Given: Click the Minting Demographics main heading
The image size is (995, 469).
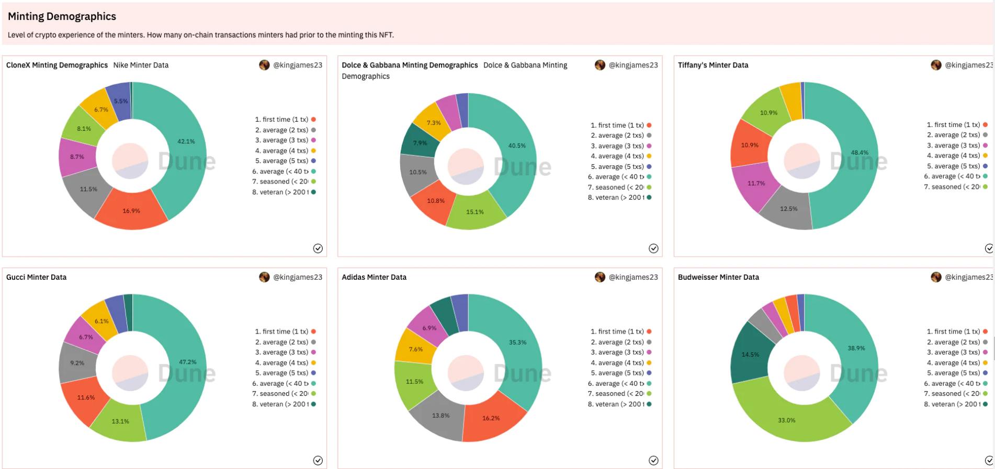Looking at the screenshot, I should click(62, 16).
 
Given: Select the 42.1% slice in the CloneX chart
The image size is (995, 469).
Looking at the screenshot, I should click(186, 142).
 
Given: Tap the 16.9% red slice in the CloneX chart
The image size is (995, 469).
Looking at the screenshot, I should click(131, 211).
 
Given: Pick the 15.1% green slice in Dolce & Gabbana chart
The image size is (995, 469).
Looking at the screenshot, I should click(475, 212).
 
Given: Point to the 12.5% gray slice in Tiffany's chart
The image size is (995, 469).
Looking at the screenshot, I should click(788, 209).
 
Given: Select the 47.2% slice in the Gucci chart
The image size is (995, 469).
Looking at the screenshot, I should click(187, 362).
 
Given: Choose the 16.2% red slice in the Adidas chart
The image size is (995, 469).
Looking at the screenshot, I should click(491, 418).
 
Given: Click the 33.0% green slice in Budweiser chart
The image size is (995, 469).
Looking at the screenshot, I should click(786, 420).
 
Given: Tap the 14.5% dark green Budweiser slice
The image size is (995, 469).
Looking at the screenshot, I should click(750, 354).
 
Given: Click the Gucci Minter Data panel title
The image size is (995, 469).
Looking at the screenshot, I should click(36, 277).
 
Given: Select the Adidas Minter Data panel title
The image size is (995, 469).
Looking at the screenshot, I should click(374, 277).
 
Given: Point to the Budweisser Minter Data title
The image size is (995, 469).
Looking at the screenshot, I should click(718, 277).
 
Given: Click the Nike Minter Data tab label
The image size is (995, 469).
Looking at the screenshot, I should click(141, 65).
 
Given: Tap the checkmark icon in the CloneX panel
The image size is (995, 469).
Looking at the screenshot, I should click(318, 248).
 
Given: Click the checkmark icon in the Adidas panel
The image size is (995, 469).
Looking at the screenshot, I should click(653, 460).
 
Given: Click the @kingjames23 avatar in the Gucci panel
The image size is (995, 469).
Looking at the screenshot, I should click(264, 277).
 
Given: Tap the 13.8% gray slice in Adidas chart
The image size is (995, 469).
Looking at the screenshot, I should click(440, 416).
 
